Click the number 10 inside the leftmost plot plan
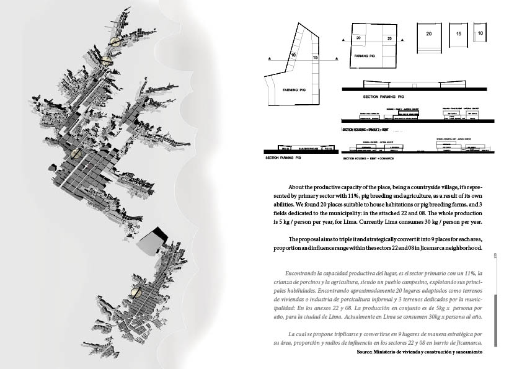pyautogui.click(x=293, y=56)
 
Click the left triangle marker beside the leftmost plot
pyautogui.click(x=269, y=58)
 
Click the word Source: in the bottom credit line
pyautogui.click(x=365, y=352)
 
